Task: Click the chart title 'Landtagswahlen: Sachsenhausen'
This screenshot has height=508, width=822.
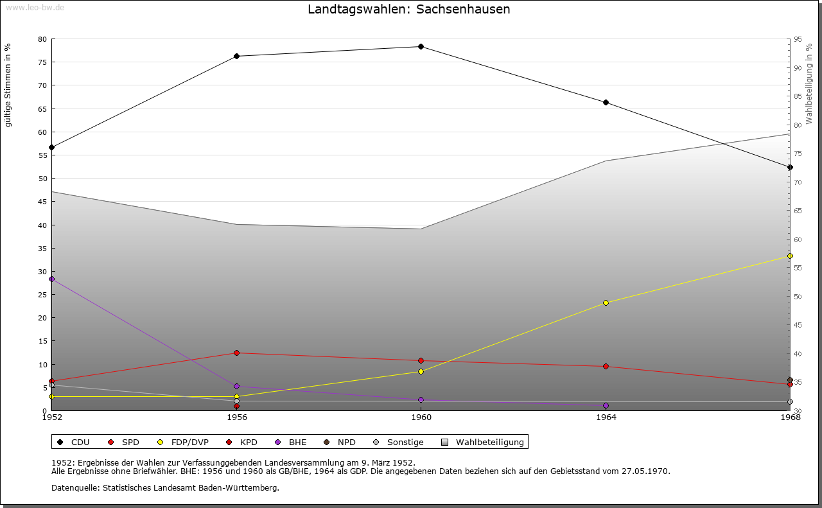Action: pyautogui.click(x=408, y=9)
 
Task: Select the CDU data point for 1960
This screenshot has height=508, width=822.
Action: pyautogui.click(x=421, y=46)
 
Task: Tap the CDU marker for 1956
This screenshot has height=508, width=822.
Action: pyautogui.click(x=236, y=56)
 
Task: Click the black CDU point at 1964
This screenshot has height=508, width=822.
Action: pyautogui.click(x=606, y=102)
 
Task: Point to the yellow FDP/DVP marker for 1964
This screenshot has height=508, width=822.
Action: pyautogui.click(x=606, y=302)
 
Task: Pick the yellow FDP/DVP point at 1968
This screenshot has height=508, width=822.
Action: pyautogui.click(x=790, y=256)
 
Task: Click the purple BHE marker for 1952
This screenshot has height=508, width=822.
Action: pyautogui.click(x=51, y=279)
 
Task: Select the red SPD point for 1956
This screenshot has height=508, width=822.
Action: pyautogui.click(x=236, y=353)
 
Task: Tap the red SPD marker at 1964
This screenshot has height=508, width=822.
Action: pyautogui.click(x=606, y=366)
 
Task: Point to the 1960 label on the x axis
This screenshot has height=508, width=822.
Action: pyautogui.click(x=421, y=417)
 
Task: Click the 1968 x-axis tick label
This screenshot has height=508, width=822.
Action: pyautogui.click(x=790, y=417)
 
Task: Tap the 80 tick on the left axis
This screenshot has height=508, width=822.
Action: pyautogui.click(x=42, y=39)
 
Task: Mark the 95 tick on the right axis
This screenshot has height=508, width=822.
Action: pyautogui.click(x=798, y=39)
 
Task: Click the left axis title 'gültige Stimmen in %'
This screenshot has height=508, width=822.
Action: pyautogui.click(x=8, y=84)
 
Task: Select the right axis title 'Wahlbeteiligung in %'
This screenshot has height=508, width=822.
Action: pyautogui.click(x=809, y=83)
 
